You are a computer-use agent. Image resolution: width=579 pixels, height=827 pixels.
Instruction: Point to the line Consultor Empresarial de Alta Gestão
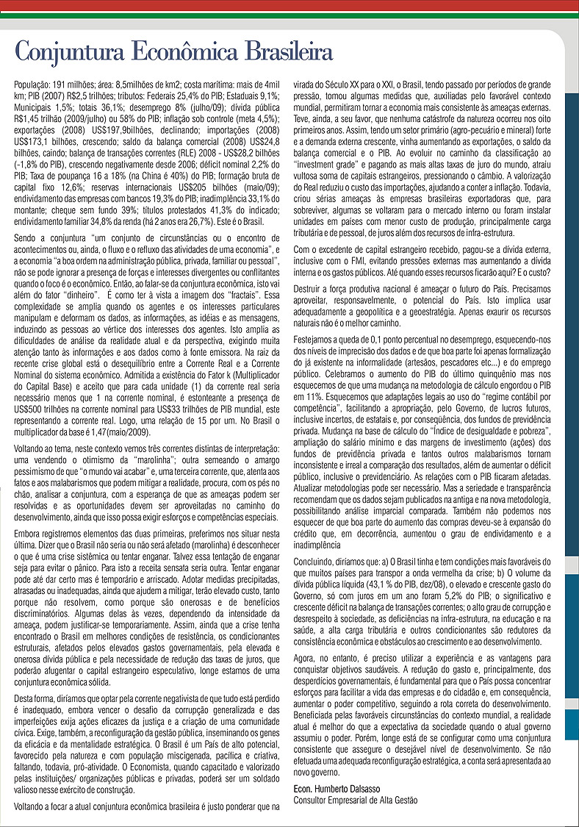click(x=355, y=799)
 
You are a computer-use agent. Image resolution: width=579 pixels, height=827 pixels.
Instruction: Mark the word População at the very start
click(x=33, y=85)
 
